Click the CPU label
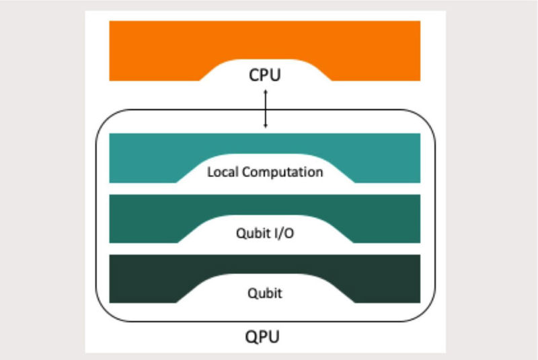click(x=265, y=75)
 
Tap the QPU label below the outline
click(x=265, y=335)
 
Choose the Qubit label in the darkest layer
click(x=265, y=293)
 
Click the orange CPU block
click(x=155, y=50)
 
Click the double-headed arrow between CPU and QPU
click(x=265, y=108)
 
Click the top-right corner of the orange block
click(x=419, y=22)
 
